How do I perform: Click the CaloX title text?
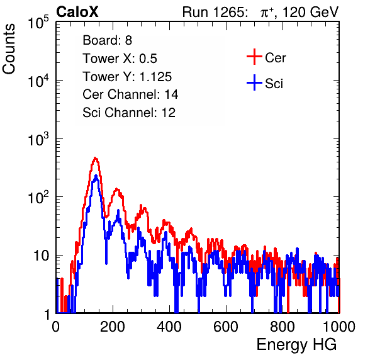pyautogui.click(x=77, y=12)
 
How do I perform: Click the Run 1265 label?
pyautogui.click(x=215, y=12)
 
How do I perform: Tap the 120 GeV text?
pyautogui.click(x=310, y=12)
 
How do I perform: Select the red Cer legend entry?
pyautogui.click(x=266, y=57)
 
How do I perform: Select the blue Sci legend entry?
pyautogui.click(x=265, y=83)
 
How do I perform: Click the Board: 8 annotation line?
pyautogui.click(x=107, y=40)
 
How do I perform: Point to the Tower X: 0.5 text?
pyautogui.click(x=120, y=59)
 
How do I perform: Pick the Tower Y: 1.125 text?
pyautogui.click(x=127, y=77)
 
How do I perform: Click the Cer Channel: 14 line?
pyautogui.click(x=130, y=94)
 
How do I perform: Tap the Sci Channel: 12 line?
pyautogui.click(x=129, y=113)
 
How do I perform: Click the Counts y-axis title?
pyautogui.click(x=9, y=49)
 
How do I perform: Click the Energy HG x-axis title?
pyautogui.click(x=296, y=345)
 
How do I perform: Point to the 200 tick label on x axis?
pyautogui.click(x=113, y=327)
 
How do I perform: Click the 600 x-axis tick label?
pyautogui.click(x=226, y=327)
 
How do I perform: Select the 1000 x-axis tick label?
pyautogui.click(x=339, y=327)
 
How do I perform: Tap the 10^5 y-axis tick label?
pyautogui.click(x=38, y=23)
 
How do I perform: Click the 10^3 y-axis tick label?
pyautogui.click(x=38, y=139)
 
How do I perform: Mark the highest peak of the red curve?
pyautogui.click(x=96, y=158)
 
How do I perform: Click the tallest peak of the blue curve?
pyautogui.click(x=96, y=176)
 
